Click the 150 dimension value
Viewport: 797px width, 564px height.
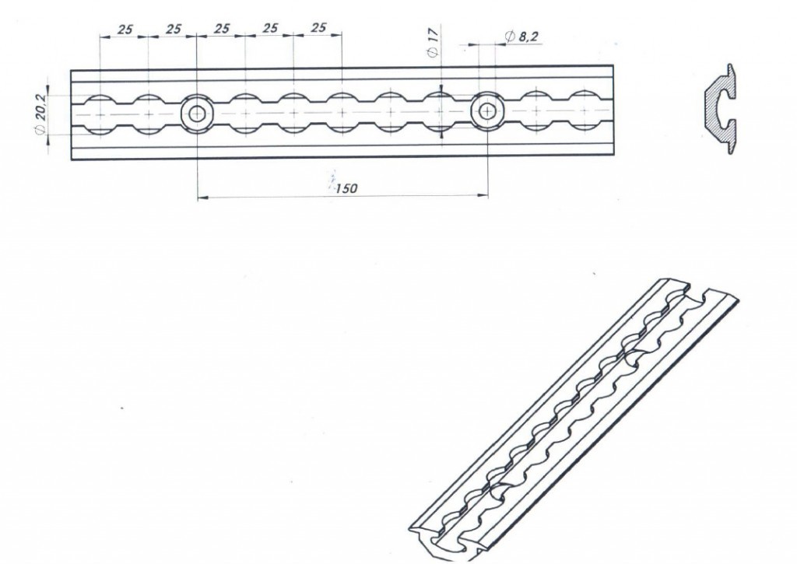[346, 188]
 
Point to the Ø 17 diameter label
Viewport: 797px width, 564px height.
[434, 40]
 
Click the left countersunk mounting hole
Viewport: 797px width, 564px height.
[197, 114]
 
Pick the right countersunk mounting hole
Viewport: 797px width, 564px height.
[487, 112]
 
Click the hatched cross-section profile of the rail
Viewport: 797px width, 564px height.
[721, 109]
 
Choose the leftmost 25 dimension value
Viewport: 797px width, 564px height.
[125, 30]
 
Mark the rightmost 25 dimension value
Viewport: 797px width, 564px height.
[318, 28]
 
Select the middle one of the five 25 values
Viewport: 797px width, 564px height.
[222, 29]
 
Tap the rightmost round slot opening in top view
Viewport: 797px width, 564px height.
[584, 111]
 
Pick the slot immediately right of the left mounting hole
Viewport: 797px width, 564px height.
[245, 114]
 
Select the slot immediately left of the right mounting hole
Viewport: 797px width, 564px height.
[439, 112]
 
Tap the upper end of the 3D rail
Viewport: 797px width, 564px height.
[697, 289]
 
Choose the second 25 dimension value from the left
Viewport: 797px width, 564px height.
[174, 29]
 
